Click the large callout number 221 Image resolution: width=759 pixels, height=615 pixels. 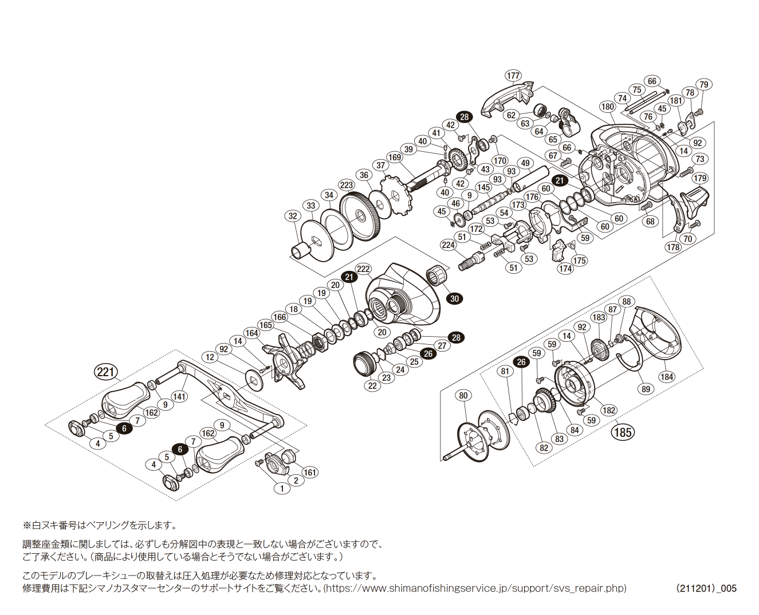[106, 373]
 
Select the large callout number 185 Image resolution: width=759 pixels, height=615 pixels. [623, 432]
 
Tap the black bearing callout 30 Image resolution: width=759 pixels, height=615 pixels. [455, 298]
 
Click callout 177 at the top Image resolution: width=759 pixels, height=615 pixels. [513, 76]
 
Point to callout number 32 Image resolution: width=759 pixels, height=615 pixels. [293, 216]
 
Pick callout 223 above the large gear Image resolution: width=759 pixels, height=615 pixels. [347, 185]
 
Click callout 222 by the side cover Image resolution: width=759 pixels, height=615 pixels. [363, 269]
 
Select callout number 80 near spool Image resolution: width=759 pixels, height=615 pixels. [463, 396]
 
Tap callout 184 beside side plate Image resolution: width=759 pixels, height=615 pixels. [667, 377]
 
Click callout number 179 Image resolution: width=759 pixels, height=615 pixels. [700, 178]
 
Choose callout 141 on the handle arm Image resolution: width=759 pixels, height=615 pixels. [179, 396]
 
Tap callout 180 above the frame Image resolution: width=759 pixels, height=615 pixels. [608, 107]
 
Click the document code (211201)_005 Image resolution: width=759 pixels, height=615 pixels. [706, 588]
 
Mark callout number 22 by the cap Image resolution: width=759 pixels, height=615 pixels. [373, 385]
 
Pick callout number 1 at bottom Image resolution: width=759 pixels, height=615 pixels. [282, 488]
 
